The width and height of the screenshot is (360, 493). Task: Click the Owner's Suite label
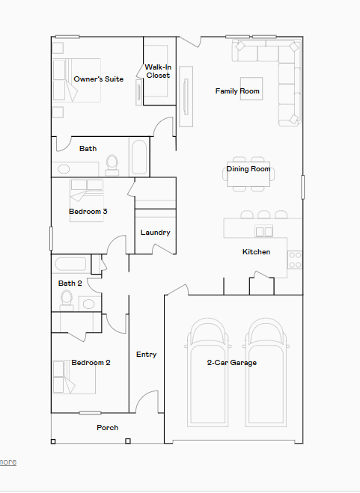[98, 79]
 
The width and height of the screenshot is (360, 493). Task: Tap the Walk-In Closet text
[158, 71]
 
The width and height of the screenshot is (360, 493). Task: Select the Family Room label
[237, 91]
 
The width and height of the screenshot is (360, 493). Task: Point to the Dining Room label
[248, 169]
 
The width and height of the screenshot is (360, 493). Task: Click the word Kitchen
[256, 252]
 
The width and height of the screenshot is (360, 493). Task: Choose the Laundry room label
[155, 233]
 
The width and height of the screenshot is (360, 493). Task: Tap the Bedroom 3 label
[88, 212]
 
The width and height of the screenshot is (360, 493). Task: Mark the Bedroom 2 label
[91, 363]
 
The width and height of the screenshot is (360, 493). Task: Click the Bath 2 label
[70, 284]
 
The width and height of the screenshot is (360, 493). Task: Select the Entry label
[146, 355]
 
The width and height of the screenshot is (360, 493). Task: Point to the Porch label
[108, 428]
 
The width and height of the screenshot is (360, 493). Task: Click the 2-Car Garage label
[232, 363]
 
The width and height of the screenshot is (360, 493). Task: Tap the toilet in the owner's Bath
[112, 162]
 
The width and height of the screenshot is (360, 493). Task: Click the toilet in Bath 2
[67, 300]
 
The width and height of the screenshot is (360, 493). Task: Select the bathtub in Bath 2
[70, 264]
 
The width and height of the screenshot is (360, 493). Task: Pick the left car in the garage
[208, 378]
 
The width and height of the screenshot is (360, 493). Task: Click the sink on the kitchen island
[263, 230]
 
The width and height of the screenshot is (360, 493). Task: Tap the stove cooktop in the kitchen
[295, 260]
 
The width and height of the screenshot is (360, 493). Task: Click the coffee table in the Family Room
[251, 87]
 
